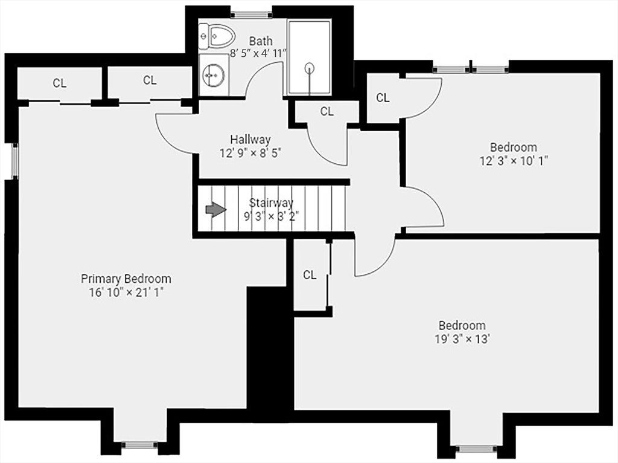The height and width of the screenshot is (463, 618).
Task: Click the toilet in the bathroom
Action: click(217, 36)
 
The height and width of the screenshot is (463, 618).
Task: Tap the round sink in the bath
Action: click(214, 74)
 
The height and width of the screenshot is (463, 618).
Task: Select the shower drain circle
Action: click(310, 68)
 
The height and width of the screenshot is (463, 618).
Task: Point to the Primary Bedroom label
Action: click(126, 279)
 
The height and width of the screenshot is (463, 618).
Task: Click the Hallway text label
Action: click(250, 140)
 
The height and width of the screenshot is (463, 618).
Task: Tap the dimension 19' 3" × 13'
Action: click(462, 339)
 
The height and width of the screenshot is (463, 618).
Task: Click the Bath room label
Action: click(261, 40)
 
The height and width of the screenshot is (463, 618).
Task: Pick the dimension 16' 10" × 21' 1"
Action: click(126, 293)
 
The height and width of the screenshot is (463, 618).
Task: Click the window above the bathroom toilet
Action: click(251, 15)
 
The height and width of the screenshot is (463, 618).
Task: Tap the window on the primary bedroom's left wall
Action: click(14, 161)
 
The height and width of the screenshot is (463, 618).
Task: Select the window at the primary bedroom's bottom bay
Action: click(139, 445)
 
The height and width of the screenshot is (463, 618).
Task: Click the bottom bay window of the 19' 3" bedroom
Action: click(476, 448)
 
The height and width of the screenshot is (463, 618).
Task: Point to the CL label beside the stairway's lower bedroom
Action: click(310, 275)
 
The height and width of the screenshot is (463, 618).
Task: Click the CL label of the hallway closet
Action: click(327, 112)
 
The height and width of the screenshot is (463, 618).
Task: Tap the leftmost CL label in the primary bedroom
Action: click(60, 83)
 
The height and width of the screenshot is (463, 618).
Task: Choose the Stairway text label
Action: click(271, 203)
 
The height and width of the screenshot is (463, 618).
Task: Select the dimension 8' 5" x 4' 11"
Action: click(258, 53)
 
